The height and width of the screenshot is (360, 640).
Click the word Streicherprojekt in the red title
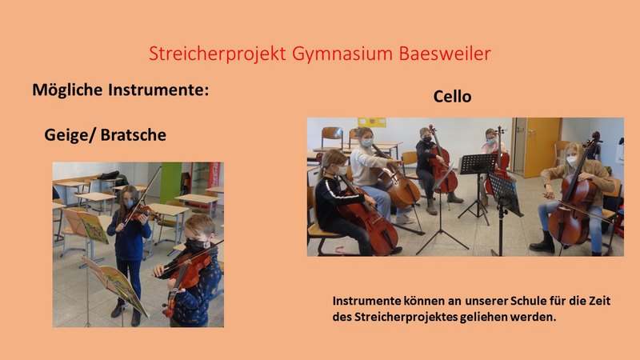218,54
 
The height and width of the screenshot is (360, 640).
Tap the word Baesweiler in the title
445,54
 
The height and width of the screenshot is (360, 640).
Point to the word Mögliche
67,90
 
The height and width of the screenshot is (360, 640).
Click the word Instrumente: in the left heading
158,90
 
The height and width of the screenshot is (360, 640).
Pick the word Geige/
70,135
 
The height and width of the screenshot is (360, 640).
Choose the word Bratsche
134,134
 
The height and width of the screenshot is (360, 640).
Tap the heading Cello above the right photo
452,97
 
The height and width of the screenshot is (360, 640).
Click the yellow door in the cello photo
542,147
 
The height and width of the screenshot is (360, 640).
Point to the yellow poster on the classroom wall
372,122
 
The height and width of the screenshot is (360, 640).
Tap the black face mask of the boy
196,246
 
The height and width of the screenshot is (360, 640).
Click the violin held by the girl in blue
142,212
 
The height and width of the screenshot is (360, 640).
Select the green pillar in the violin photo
170,182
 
